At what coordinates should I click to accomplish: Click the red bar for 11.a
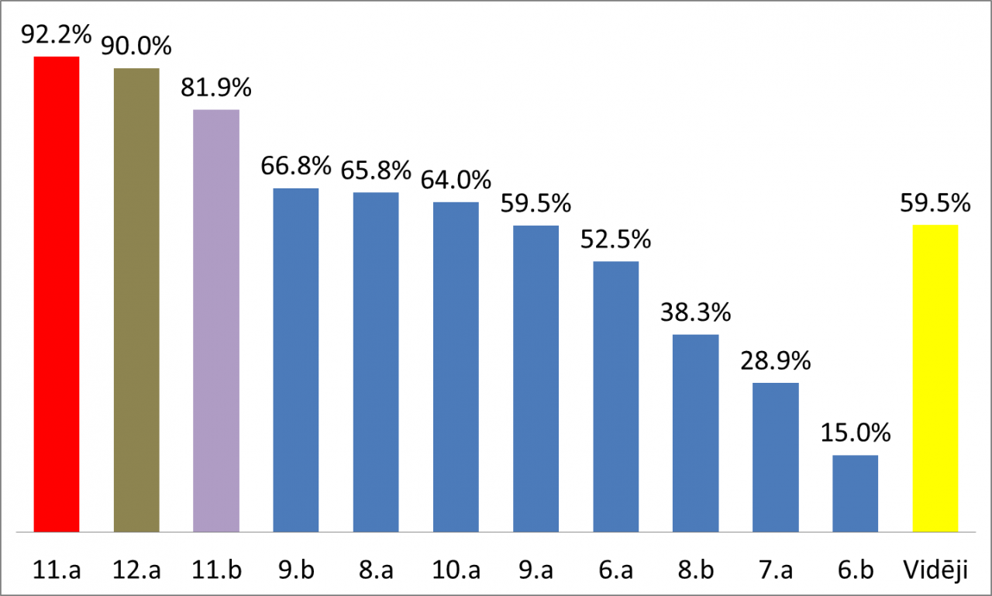[x=57, y=295]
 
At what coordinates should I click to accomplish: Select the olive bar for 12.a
[x=136, y=301]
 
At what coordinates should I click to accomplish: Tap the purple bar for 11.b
[x=216, y=321]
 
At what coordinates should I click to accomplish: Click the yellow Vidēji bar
[x=935, y=378]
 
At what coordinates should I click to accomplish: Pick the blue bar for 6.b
[x=856, y=494]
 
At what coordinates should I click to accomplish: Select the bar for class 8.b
[x=695, y=433]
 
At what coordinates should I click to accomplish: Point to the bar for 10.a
[x=456, y=367]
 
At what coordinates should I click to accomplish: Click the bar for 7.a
[x=775, y=457]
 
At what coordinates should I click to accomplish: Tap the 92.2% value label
[x=57, y=35]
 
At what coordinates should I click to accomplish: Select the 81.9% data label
[x=216, y=88]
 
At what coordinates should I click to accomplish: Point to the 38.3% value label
[x=695, y=313]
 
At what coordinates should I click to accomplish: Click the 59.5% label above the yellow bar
[x=935, y=204]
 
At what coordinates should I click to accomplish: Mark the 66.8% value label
[x=296, y=166]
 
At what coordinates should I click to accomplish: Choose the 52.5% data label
[x=615, y=240]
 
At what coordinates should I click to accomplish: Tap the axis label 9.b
[x=296, y=571]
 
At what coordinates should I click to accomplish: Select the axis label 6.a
[x=615, y=571]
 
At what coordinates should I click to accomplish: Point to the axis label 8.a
[x=376, y=571]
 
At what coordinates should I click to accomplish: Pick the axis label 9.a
[x=536, y=571]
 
